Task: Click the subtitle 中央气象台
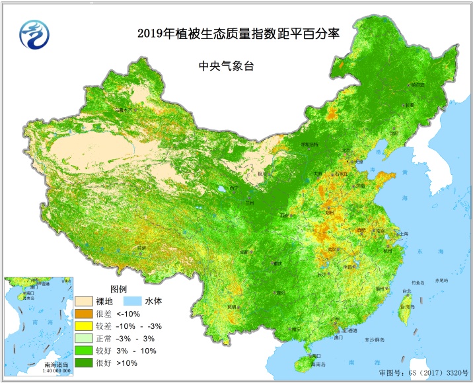[227, 66]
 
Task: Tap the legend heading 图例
[120, 289]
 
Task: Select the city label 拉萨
[141, 248]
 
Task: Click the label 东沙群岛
[373, 339]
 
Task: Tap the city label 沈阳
[394, 133]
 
